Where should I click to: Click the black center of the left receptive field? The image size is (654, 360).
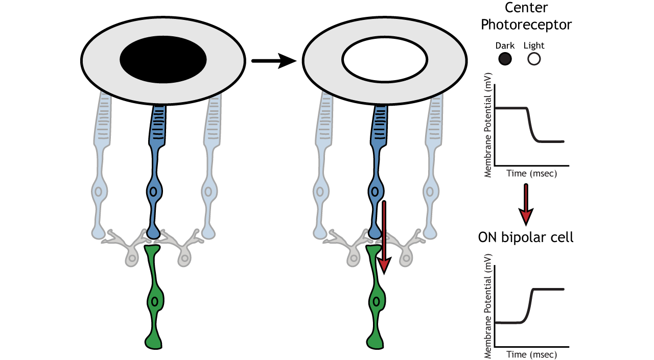tap(163, 60)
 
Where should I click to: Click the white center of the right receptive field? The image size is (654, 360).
tap(384, 60)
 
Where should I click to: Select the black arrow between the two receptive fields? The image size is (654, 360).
tap(273, 61)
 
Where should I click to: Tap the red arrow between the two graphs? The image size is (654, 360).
tap(526, 204)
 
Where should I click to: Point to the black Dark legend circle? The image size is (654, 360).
tap(505, 59)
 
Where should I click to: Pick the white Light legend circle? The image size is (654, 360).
tap(534, 59)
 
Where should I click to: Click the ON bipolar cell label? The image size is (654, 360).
tap(525, 237)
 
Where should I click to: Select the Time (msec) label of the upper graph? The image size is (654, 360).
tap(531, 174)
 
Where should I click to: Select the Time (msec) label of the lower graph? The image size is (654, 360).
tap(531, 354)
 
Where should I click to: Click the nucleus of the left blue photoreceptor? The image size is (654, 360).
tap(153, 191)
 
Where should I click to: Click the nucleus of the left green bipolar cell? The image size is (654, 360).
tap(154, 301)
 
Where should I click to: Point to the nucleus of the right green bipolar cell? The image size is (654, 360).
tap(376, 301)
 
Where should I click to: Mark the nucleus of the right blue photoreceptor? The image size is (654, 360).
tap(375, 192)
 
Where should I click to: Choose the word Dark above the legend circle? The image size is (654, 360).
tap(505, 46)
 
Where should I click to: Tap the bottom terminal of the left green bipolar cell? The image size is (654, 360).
tap(154, 341)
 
